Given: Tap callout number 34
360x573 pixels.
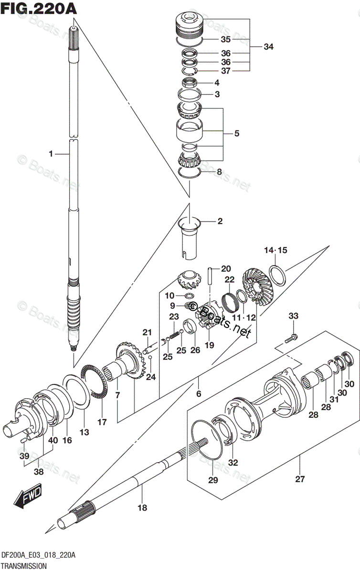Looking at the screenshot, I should tap(268, 47).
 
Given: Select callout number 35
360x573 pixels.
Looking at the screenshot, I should tap(225, 40).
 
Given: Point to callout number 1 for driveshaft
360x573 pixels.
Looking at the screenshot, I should tap(50, 154).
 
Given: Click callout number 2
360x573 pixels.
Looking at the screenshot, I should tap(220, 221).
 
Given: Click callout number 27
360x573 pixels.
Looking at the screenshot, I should tap(300, 479).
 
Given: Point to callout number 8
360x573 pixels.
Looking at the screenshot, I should tap(219, 171).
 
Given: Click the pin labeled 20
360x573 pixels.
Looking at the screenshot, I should tap(210, 277).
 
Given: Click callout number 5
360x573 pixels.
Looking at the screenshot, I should tap(236, 134).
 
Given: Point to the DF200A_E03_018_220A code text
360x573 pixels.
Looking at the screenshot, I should tap(38, 555).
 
